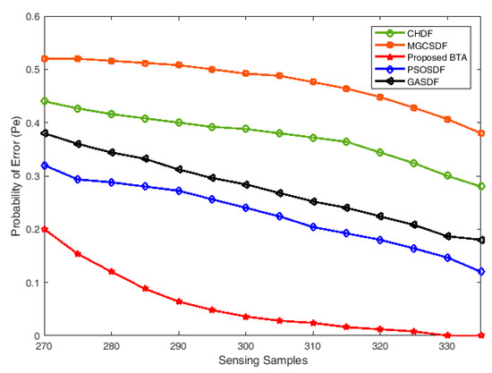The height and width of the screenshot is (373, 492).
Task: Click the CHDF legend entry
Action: tap(424, 35)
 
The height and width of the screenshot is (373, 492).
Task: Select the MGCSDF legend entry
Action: tap(429, 47)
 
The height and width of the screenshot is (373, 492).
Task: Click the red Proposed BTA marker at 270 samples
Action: tap(44, 229)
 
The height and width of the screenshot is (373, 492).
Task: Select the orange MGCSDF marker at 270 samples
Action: tap(44, 58)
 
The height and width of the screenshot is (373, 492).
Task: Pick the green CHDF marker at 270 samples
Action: tap(44, 101)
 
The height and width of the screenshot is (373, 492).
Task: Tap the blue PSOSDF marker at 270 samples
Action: tap(44, 165)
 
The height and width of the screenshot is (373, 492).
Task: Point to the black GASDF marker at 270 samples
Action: tap(44, 133)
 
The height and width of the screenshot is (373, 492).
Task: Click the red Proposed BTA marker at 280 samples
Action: tap(112, 272)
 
